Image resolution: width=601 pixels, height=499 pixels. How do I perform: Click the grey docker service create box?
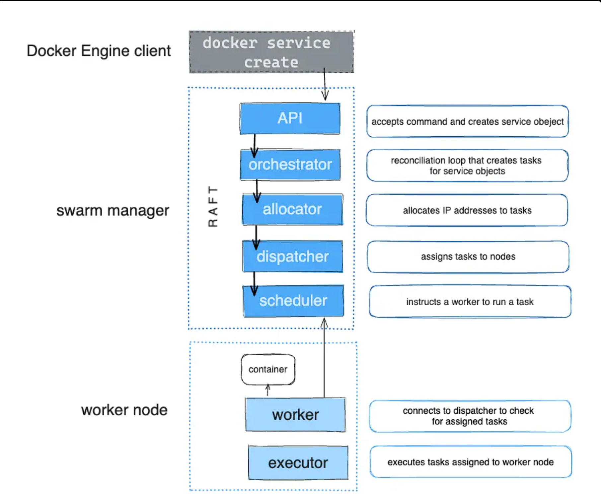click(x=271, y=52)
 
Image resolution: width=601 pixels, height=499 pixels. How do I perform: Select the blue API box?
click(x=290, y=118)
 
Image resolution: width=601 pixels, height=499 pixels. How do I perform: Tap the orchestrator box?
click(x=290, y=165)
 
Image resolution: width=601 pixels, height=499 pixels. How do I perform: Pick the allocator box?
click(x=292, y=209)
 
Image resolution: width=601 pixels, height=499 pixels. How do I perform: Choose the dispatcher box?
click(x=292, y=256)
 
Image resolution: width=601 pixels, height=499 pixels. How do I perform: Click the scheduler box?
click(x=293, y=301)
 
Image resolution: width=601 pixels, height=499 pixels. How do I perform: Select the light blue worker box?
click(x=295, y=415)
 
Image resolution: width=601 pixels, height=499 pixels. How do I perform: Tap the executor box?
click(x=298, y=463)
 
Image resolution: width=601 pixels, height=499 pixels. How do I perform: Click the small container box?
click(x=268, y=369)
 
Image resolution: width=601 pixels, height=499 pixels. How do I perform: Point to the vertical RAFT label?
click(x=213, y=206)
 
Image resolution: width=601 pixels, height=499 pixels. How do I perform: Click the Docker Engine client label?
click(x=99, y=51)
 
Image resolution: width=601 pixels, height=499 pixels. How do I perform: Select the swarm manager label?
click(x=113, y=210)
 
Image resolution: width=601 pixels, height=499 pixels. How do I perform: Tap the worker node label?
click(x=124, y=410)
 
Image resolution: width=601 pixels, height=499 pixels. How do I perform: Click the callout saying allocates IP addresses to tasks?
click(x=467, y=210)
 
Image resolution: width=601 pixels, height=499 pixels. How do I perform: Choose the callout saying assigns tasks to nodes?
click(x=468, y=256)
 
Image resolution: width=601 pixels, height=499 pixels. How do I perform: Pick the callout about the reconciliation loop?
click(x=467, y=166)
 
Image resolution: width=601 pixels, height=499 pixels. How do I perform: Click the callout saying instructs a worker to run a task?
click(x=470, y=302)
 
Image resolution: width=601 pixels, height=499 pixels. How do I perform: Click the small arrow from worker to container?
click(x=268, y=390)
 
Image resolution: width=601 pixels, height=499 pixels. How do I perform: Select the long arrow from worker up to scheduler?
click(x=324, y=358)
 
